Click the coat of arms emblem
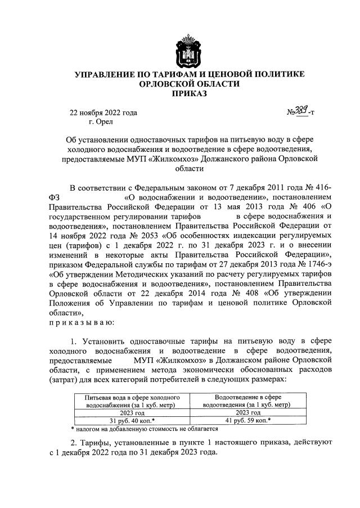coord(189,51)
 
